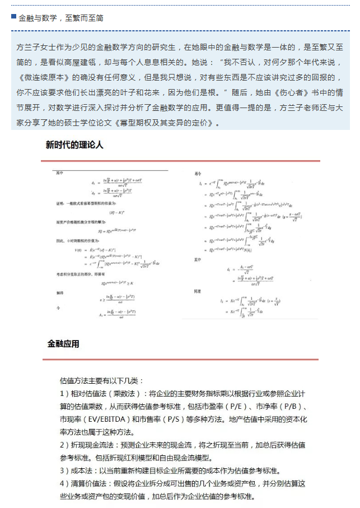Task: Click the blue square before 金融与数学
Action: (x=13, y=17)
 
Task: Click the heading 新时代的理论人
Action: (x=74, y=145)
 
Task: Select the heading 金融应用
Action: (x=63, y=343)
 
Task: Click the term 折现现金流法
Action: (x=92, y=445)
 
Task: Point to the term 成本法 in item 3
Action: (x=81, y=470)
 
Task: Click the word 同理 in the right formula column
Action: (x=197, y=292)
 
